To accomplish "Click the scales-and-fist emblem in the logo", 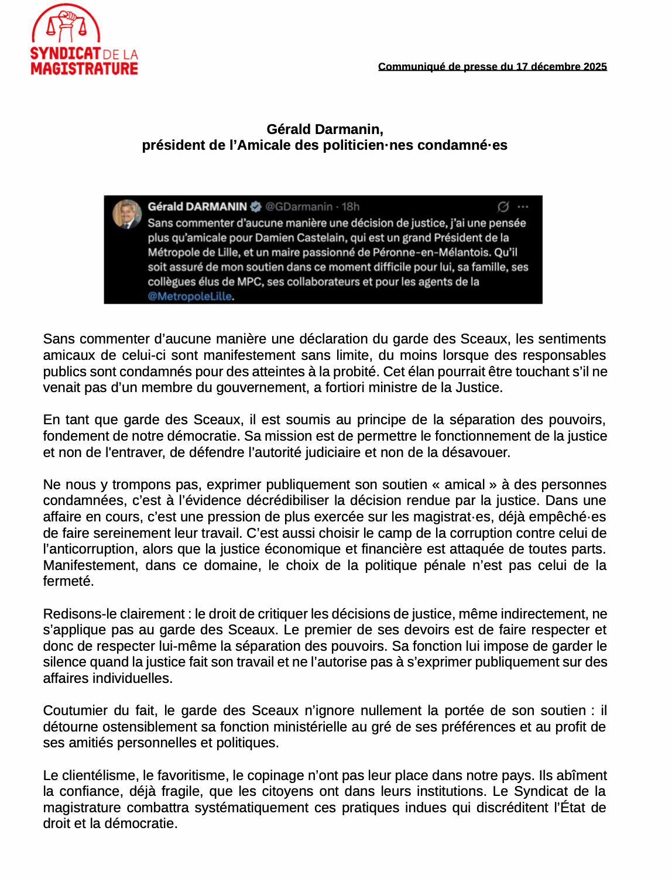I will [x=66, y=25].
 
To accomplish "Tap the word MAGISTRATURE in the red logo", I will [x=84, y=69].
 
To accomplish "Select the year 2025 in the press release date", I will [x=595, y=67].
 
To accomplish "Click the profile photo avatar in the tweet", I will [x=126, y=214].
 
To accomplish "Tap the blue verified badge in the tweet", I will [x=256, y=207].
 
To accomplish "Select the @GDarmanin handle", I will [x=299, y=207].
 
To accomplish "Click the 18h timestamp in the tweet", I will [x=351, y=207].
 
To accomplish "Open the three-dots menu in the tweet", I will [x=523, y=207].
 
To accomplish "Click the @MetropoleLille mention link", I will [x=190, y=297].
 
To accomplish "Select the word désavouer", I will [x=478, y=452].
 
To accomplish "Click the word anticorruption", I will [x=85, y=550].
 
